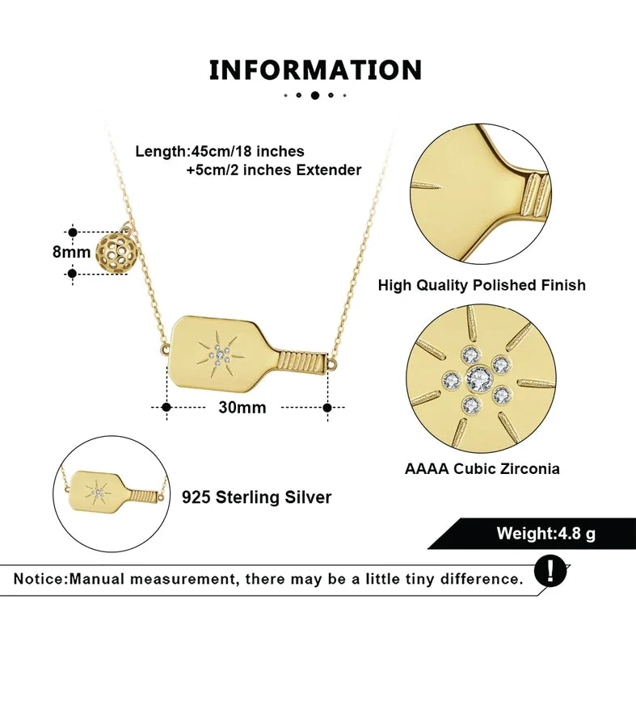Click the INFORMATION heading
coord(315,70)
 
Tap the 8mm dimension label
coord(72,251)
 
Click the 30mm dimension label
coord(242,408)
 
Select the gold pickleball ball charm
coord(115,251)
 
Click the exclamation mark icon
coord(551,572)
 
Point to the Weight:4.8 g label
coord(546,534)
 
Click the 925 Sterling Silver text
coord(256,497)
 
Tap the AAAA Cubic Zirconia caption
coord(482,468)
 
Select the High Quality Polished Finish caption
coord(482,285)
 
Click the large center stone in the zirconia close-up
coord(482,377)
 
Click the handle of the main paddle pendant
coord(303,361)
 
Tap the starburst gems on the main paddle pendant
coord(219,353)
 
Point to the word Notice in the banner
coord(40,579)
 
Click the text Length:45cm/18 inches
coord(220,151)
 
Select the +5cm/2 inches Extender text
coord(273,170)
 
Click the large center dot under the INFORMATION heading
coord(315,95)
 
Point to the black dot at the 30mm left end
coord(166,408)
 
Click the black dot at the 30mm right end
coord(327,408)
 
